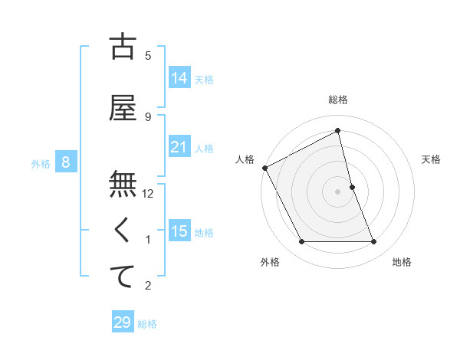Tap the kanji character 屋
click(x=123, y=108)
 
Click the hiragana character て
click(x=123, y=277)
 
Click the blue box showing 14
click(x=179, y=78)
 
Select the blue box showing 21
click(x=179, y=147)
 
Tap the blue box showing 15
click(x=179, y=231)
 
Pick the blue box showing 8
click(x=66, y=162)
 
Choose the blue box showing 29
click(x=123, y=322)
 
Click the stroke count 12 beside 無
click(x=149, y=194)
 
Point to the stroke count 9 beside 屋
click(x=148, y=117)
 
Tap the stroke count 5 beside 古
click(x=148, y=56)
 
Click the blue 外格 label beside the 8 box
click(x=41, y=163)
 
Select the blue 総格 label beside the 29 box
click(x=148, y=324)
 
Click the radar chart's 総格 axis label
click(x=338, y=100)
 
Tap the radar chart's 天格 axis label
click(x=432, y=159)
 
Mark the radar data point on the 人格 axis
click(x=265, y=168)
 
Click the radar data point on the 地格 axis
click(x=374, y=242)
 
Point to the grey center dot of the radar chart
click(x=338, y=191)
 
